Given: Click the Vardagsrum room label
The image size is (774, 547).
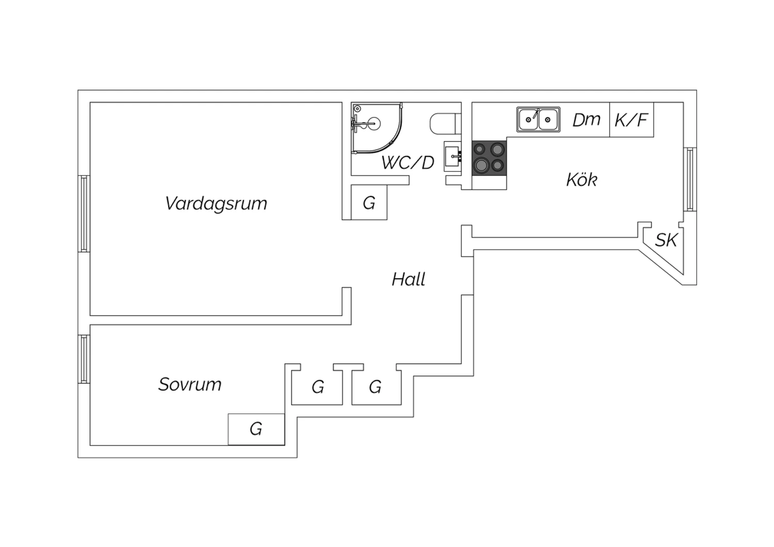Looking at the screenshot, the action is click(216, 203).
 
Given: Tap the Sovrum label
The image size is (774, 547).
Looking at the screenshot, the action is click(190, 384).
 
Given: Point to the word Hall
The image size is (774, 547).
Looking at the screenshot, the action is click(409, 279).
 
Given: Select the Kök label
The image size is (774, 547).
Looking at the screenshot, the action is click(582, 180).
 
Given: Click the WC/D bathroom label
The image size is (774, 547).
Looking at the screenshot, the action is click(408, 163).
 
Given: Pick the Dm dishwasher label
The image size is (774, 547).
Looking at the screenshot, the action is click(586, 120).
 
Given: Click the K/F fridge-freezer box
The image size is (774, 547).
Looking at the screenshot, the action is click(632, 120).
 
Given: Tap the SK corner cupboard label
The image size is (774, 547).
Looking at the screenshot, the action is click(667, 240).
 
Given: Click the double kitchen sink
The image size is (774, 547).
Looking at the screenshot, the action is click(538, 120).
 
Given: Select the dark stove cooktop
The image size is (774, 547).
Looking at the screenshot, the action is click(489, 157).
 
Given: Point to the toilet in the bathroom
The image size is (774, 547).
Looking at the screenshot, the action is click(445, 123).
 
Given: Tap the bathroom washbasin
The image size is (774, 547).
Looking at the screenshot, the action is click(453, 156).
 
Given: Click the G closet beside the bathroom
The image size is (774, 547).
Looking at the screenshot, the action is click(369, 202).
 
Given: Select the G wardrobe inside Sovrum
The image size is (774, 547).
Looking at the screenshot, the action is click(256, 429).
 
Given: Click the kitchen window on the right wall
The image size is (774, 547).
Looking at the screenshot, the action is click(690, 179).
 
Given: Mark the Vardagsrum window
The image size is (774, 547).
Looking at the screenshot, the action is click(84, 214).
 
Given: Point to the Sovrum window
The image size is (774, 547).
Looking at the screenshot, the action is click(84, 359).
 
